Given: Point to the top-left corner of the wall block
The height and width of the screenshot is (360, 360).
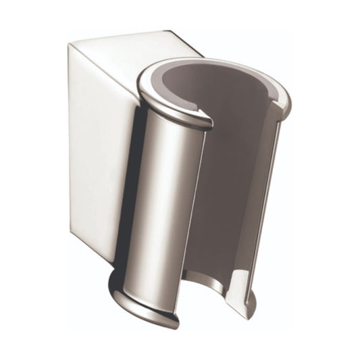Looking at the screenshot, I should point(70,45).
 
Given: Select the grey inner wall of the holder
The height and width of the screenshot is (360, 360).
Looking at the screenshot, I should point(236,169).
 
